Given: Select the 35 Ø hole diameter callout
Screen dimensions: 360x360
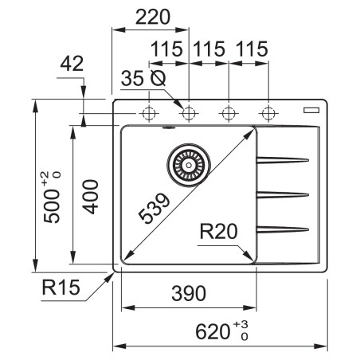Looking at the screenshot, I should pos(143,79).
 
